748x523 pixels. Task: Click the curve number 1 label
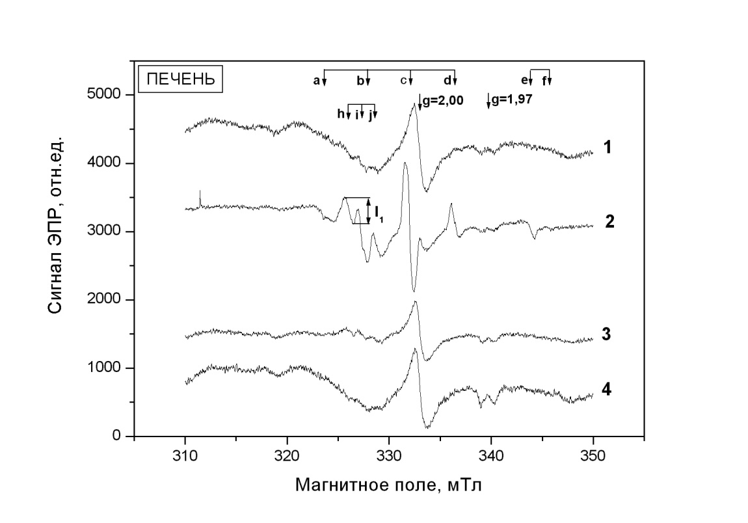[606, 148]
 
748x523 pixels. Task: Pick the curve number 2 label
[609, 221]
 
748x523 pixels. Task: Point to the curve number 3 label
[606, 335]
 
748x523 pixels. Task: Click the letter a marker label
[316, 81]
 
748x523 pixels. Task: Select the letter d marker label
[447, 81]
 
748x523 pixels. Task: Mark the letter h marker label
[340, 114]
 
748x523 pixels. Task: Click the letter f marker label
[544, 81]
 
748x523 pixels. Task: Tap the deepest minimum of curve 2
[414, 290]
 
